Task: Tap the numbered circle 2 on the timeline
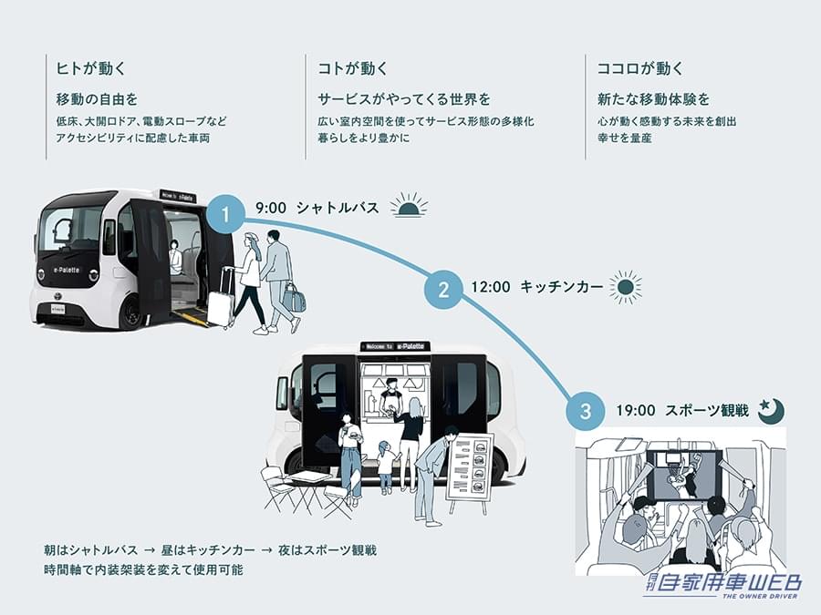click(x=443, y=290)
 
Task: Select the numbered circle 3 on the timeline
click(x=585, y=412)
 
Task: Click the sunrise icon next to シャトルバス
click(x=409, y=206)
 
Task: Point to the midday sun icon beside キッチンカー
click(x=625, y=287)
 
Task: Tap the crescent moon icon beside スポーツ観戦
click(x=771, y=411)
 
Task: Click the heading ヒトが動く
click(x=90, y=68)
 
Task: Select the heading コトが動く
click(x=352, y=68)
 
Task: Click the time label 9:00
click(x=271, y=208)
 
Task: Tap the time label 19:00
click(x=635, y=411)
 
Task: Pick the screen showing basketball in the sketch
click(x=682, y=475)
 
